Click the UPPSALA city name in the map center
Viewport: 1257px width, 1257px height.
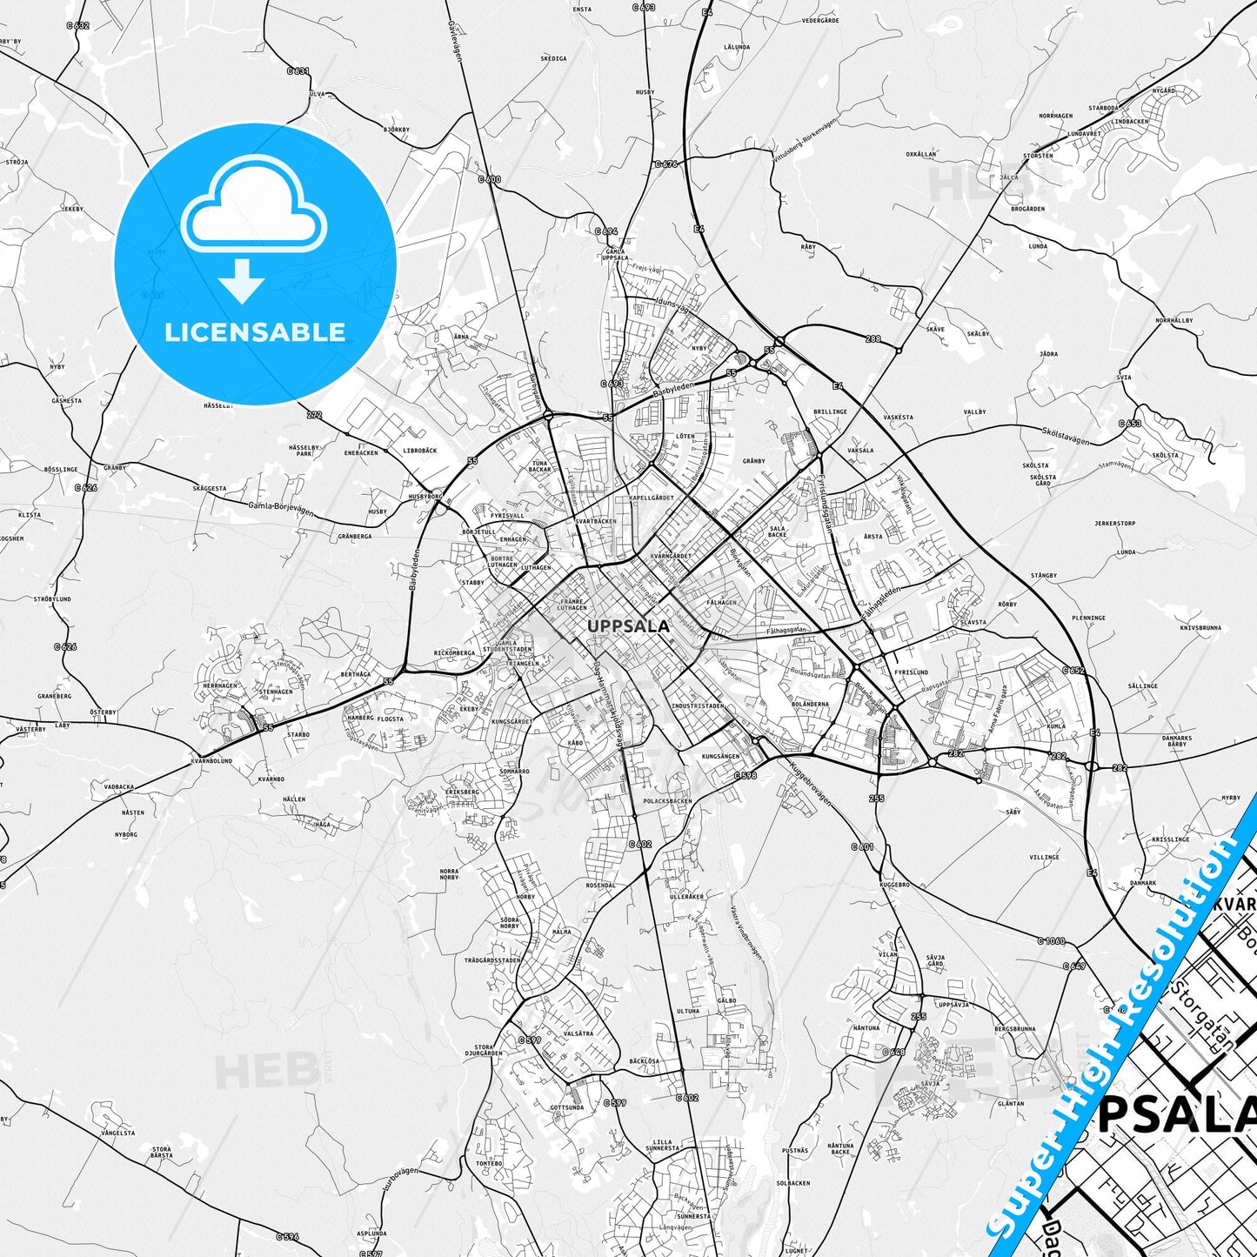[x=628, y=625]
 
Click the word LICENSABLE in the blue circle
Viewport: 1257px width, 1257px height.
[x=255, y=332]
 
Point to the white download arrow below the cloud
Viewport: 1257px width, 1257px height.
[x=242, y=281]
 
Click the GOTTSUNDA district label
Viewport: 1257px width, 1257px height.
[x=567, y=1107]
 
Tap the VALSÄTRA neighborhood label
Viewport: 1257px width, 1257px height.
[x=578, y=1033]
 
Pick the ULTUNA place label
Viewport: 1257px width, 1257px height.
[x=688, y=1011]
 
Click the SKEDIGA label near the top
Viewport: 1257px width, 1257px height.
[x=553, y=59]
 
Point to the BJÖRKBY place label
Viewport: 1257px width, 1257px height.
[x=396, y=130]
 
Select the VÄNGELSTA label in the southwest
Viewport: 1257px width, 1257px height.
[x=117, y=1133]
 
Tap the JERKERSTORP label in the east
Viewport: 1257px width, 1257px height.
[x=1114, y=524]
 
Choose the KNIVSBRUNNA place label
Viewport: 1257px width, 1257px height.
[x=1200, y=627]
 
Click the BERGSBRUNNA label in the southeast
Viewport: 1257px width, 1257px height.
[x=1015, y=1028]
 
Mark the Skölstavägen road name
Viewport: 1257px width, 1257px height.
[x=1066, y=436]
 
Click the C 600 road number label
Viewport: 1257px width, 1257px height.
[x=490, y=179]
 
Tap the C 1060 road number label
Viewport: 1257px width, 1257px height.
[x=1051, y=940]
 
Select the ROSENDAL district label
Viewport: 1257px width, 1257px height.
[x=600, y=886]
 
